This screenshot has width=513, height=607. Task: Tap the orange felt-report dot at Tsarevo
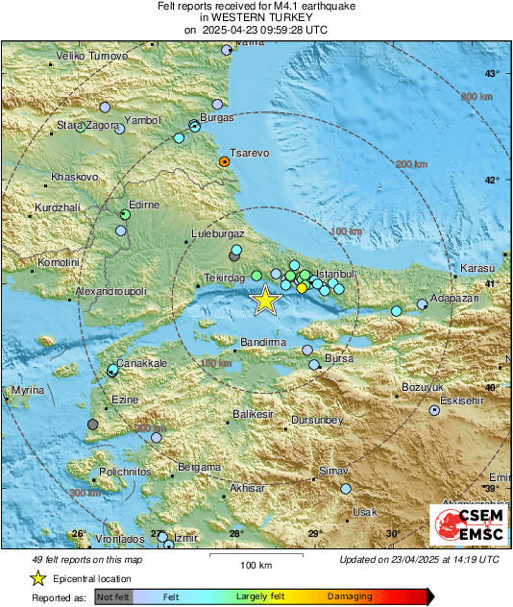pos(224,162)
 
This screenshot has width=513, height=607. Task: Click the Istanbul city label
pos(336,274)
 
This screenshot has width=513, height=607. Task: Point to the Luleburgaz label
pos(218,233)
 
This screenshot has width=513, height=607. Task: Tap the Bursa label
pos(340,358)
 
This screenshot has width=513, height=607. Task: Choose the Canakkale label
pos(143,363)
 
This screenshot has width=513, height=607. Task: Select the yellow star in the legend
pos(37,578)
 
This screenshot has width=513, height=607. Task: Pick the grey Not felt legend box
pos(113,596)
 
